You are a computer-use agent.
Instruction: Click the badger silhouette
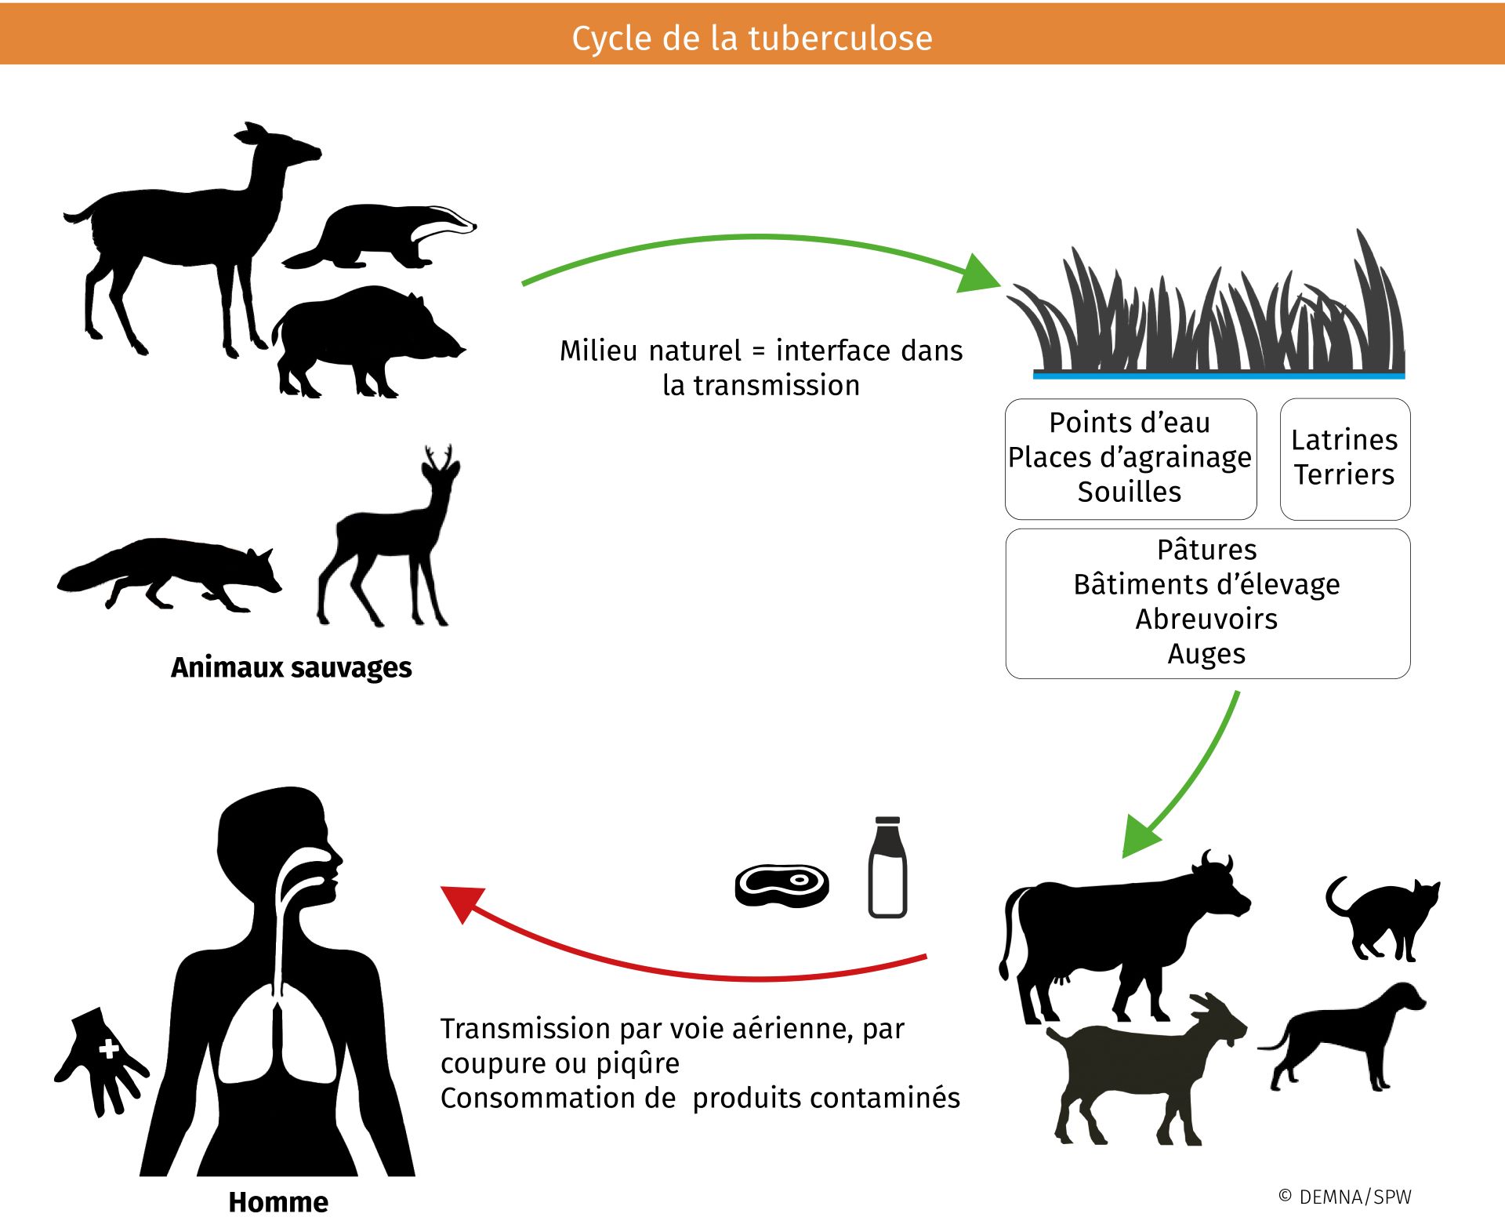pos(376,235)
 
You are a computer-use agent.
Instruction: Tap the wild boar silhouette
pos(361,337)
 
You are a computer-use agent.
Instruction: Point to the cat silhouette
pos(1384,917)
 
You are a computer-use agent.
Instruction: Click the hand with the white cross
pos(102,1055)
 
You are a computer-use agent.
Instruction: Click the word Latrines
pos(1344,440)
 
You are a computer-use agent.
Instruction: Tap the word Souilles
pos(1129,492)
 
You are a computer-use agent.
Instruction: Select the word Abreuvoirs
pos(1206,619)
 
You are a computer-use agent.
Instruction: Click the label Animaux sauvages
pos(291,667)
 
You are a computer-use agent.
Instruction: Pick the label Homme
pos(278,1202)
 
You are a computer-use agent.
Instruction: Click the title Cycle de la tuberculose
pos(752,38)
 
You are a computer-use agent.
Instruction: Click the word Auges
pos(1206,653)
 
